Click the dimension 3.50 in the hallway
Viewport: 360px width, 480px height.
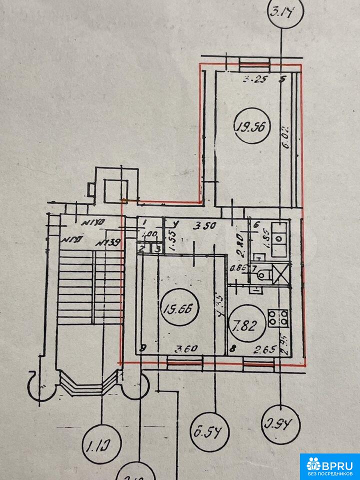point(204,225)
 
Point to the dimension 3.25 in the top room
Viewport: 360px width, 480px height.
point(253,79)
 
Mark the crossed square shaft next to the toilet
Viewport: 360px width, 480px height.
point(280,274)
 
